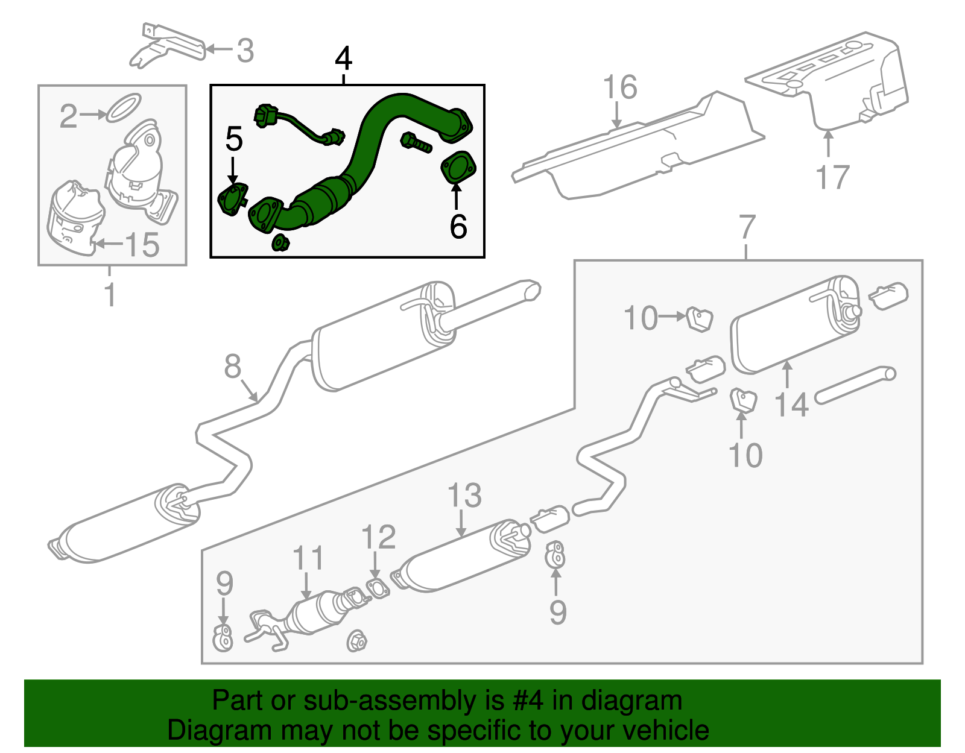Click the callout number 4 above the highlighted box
[x=343, y=59]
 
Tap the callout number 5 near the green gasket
[x=233, y=139]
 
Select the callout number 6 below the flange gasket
[x=458, y=226]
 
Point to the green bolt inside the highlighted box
[x=415, y=143]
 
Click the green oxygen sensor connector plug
[x=265, y=115]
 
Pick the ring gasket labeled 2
[x=124, y=107]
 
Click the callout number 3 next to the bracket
[x=245, y=51]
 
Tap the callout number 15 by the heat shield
[x=142, y=245]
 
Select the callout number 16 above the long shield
[x=620, y=87]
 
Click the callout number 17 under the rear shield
[x=832, y=177]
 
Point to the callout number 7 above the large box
[x=747, y=227]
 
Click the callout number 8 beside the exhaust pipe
[x=233, y=367]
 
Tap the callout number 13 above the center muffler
[x=464, y=496]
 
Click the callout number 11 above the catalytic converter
[x=308, y=558]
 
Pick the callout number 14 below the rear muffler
[x=791, y=405]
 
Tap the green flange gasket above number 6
[x=458, y=168]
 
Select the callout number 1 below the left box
[x=110, y=295]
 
